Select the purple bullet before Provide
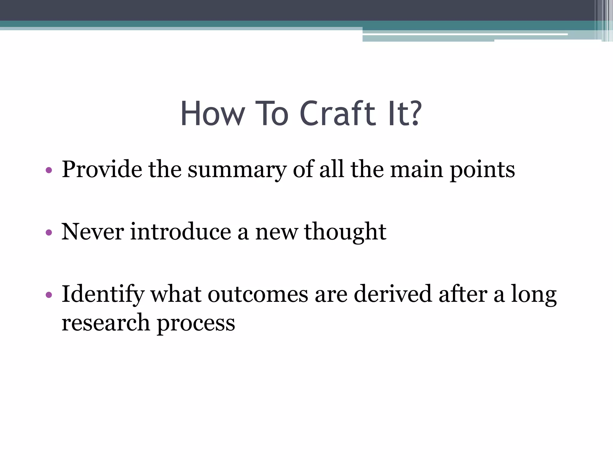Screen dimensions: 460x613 (49, 171)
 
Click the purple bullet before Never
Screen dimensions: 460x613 (49, 233)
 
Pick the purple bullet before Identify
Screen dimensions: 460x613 (49, 295)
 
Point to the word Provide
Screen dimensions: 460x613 (102, 170)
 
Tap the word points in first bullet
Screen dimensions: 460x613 (482, 170)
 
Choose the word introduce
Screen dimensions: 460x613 (180, 232)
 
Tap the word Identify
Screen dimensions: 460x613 (103, 295)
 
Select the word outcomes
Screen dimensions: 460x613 (258, 294)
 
